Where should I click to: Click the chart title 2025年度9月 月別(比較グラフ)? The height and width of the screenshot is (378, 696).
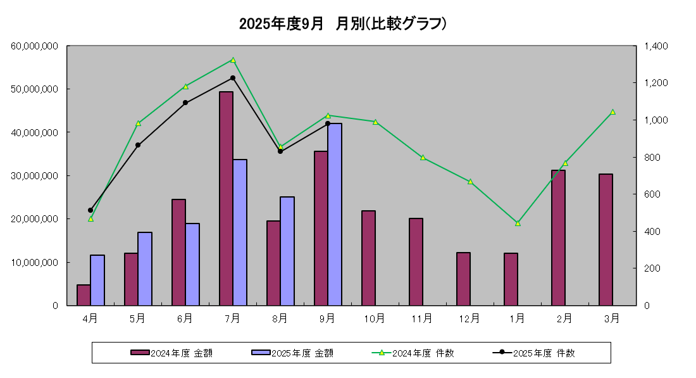tap(344, 24)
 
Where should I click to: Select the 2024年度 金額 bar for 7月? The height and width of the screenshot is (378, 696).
tap(226, 198)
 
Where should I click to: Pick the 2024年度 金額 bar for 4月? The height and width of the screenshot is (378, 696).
tap(84, 295)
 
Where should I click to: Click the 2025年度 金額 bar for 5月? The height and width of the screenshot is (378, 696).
tap(145, 268)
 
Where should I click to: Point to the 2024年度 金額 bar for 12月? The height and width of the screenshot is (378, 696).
tap(463, 279)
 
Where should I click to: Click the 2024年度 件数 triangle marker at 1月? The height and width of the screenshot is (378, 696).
tap(518, 223)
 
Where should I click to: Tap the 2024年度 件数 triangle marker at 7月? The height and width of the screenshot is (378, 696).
tap(233, 60)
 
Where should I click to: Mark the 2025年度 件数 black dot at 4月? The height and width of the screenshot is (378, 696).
tap(90, 210)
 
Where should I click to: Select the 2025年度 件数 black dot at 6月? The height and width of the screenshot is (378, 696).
tap(185, 103)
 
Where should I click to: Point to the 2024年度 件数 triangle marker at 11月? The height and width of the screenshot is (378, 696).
tap(423, 158)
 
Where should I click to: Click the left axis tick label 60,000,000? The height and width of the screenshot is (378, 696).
tap(35, 46)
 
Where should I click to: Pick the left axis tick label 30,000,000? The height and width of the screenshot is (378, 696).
tap(35, 175)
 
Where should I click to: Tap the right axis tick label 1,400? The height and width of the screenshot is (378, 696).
tap(656, 46)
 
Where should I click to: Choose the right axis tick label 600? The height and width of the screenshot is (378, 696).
tap(652, 194)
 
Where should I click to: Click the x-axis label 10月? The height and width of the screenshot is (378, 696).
tap(375, 318)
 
